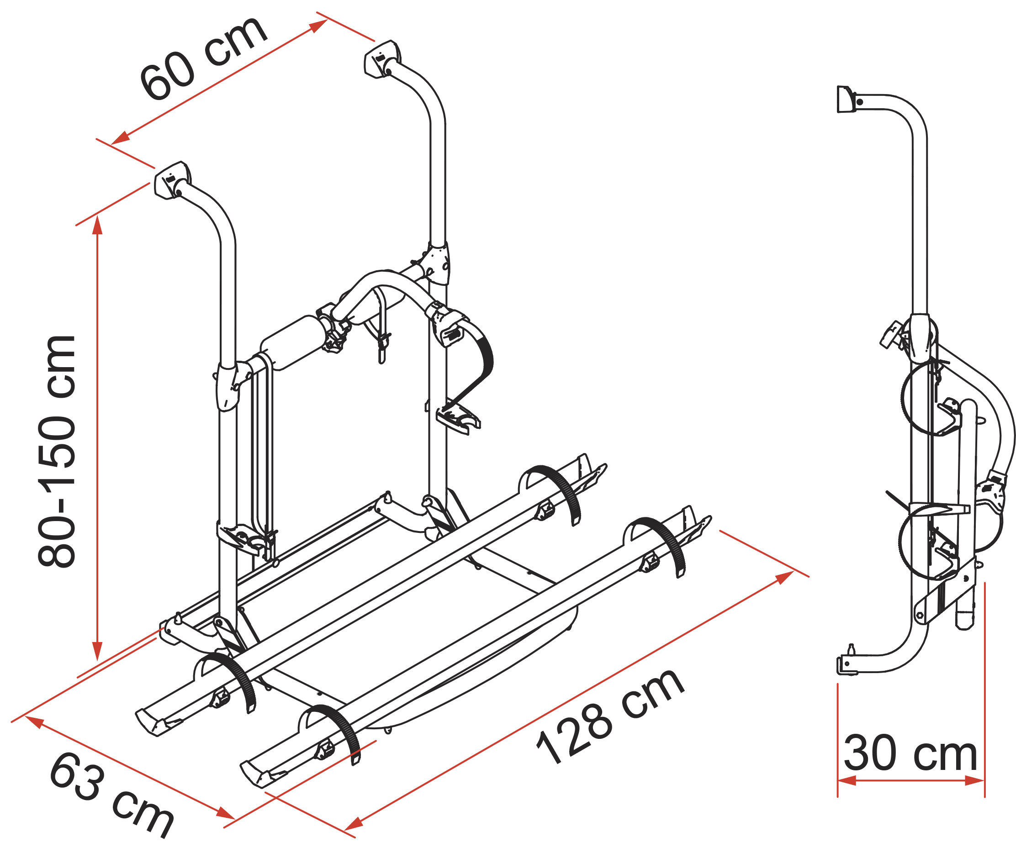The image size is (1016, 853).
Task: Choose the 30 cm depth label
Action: click(910, 753)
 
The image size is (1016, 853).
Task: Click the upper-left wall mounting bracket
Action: click(172, 180)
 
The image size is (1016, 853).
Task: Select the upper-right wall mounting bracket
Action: click(382, 59)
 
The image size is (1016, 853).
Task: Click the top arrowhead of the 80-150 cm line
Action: click(97, 225)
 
